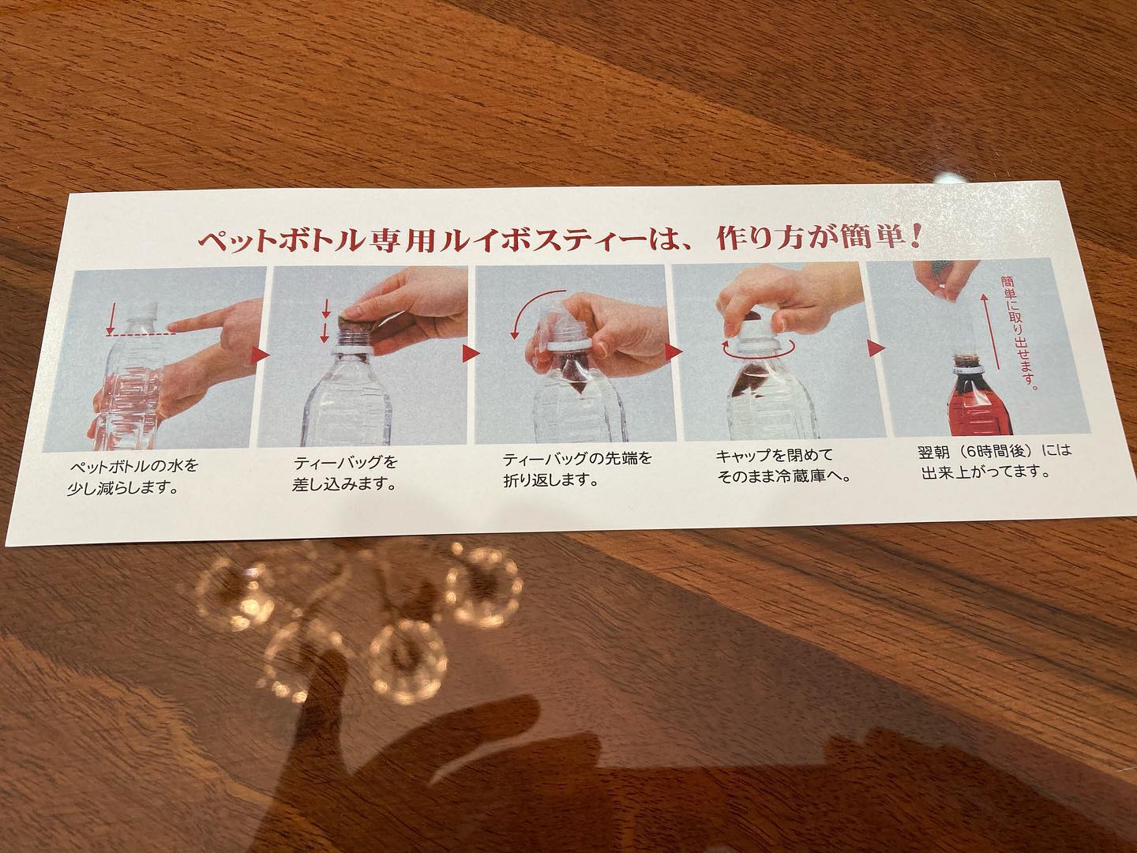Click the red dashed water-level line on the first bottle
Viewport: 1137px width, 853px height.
[x=141, y=335]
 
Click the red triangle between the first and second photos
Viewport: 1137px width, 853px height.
[x=261, y=355]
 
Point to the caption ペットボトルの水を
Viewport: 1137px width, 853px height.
[x=134, y=466]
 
